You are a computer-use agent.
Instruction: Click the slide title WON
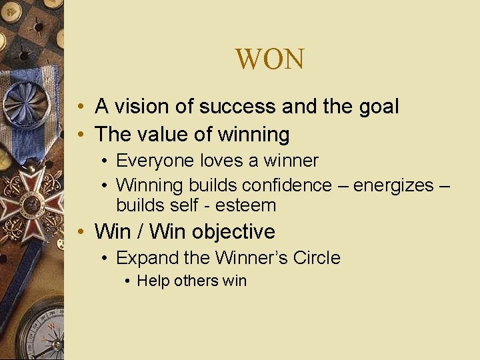click(269, 60)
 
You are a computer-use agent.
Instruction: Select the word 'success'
click(239, 106)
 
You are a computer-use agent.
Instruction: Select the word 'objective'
click(233, 231)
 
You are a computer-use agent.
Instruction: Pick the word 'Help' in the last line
click(153, 281)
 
